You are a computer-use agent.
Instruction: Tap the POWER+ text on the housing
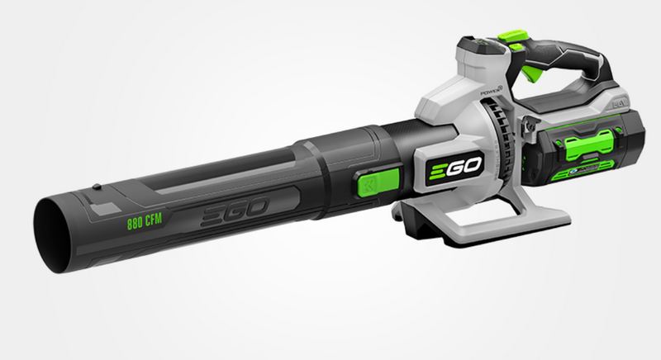click(x=464, y=92)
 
